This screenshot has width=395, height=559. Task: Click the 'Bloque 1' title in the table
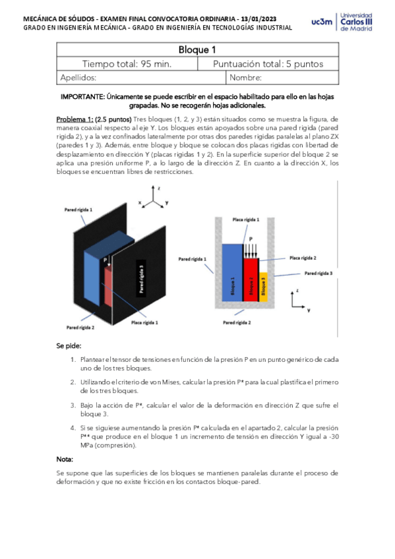[197, 50]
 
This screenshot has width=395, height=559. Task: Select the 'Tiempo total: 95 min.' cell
[127, 64]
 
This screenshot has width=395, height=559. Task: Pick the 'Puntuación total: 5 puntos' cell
[267, 64]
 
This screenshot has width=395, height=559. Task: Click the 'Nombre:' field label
[246, 78]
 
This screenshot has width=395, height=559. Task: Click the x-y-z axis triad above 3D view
[154, 197]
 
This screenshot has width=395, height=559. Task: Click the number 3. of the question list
[73, 405]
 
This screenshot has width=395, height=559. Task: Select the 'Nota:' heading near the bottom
[65, 459]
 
